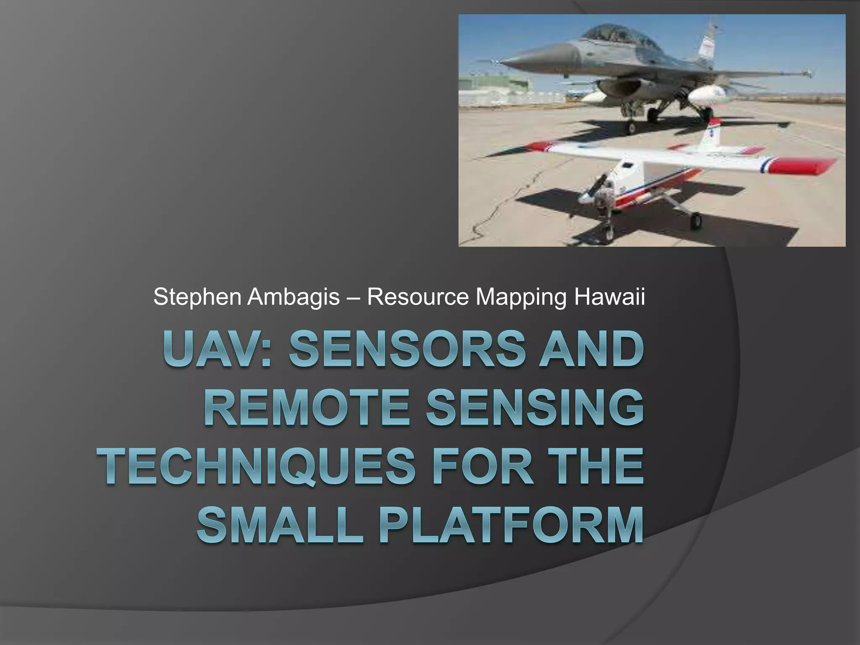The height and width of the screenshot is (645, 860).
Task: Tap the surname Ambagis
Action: click(293, 297)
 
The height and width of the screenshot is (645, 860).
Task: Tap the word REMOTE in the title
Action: click(307, 407)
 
